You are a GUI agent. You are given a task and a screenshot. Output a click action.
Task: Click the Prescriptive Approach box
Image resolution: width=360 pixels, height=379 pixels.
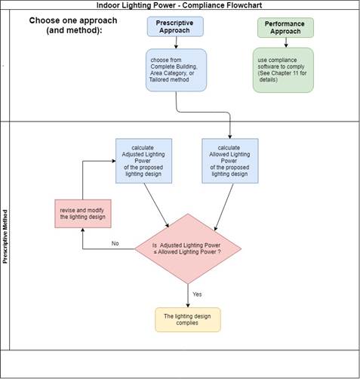pos(176,28)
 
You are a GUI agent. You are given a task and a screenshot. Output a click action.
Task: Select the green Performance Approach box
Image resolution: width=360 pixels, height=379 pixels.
pos(285,28)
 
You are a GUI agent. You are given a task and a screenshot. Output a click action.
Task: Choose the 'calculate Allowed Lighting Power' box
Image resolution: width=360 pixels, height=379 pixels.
pos(230,160)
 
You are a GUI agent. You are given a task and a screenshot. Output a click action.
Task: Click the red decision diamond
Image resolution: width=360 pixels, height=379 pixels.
pos(188,248)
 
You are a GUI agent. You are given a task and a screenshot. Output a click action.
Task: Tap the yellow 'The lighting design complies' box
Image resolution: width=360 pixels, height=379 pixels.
pos(188,319)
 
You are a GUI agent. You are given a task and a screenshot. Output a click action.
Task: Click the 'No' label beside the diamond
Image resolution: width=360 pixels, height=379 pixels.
pos(115,243)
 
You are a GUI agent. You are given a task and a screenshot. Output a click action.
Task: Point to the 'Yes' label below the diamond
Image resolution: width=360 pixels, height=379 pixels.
pos(197,293)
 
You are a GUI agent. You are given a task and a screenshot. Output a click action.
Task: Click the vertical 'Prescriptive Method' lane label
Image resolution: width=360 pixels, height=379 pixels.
pos(6,236)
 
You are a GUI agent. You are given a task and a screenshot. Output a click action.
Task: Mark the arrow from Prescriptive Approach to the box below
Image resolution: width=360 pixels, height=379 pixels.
pos(176,44)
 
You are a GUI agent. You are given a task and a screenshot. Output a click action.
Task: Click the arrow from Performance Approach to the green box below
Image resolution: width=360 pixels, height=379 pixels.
pos(285,44)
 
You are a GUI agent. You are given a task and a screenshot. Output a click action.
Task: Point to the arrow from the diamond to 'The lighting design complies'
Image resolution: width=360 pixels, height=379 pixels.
pos(188,296)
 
